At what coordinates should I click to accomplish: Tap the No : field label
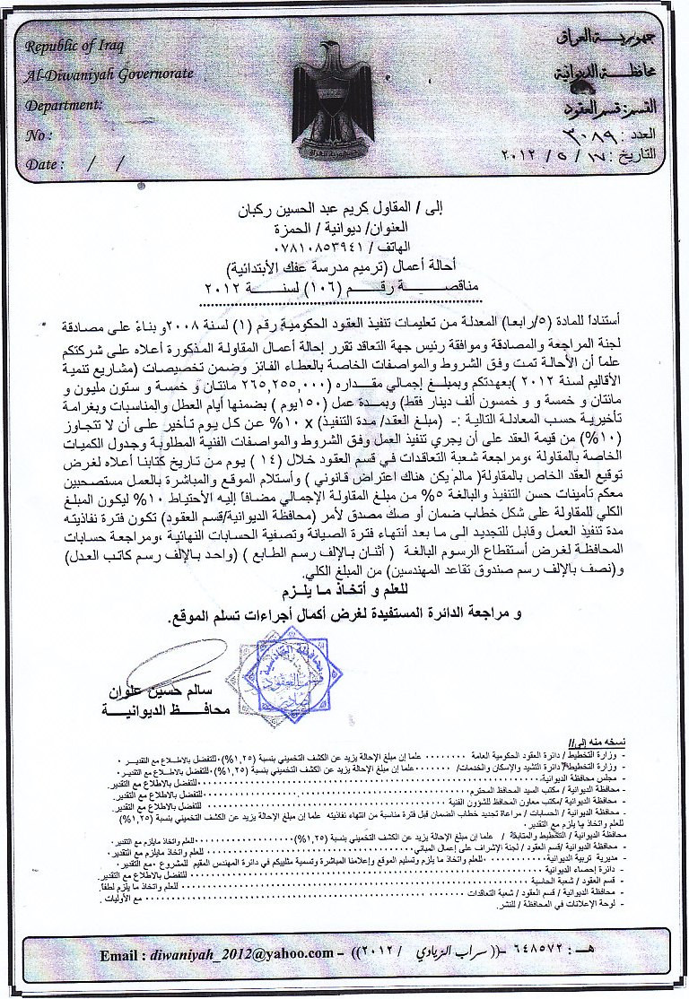pos(37,135)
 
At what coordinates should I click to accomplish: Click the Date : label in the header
pos(46,165)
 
